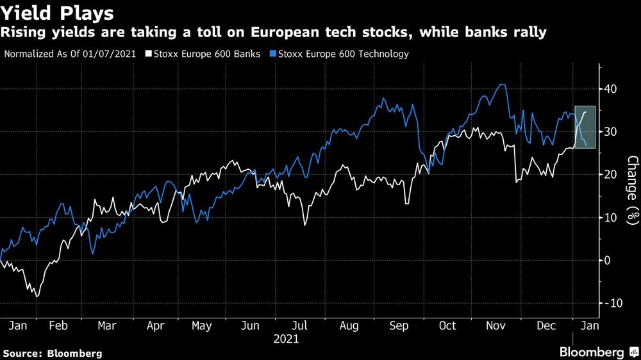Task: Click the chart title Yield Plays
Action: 58,13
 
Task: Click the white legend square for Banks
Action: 149,54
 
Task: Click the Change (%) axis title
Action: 632,190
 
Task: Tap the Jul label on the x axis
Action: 299,325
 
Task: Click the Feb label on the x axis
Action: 58,325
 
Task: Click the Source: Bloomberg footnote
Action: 53,353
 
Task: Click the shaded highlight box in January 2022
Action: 585,127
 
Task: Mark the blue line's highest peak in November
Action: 503,85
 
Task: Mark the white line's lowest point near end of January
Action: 37,297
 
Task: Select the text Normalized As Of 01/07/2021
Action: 71,54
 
